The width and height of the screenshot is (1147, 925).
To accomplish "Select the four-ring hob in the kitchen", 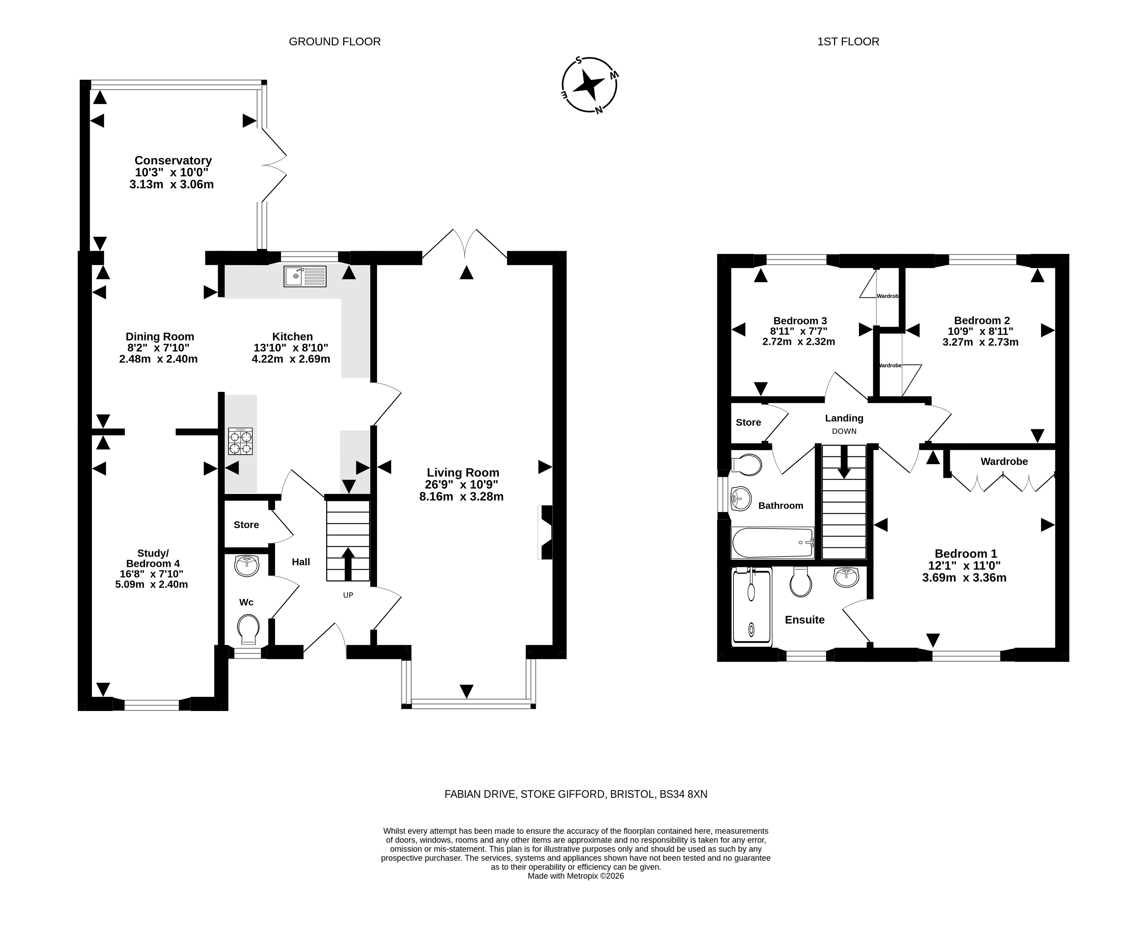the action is coord(240,441).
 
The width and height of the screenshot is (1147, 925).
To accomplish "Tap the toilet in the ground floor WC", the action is coord(248,629).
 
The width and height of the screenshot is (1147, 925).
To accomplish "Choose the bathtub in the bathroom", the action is coord(772,542).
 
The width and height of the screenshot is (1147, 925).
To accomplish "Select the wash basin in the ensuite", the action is coord(846,577).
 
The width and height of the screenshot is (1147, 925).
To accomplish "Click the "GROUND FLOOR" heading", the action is coord(334,42).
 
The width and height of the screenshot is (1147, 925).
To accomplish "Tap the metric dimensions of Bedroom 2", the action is coord(980,342).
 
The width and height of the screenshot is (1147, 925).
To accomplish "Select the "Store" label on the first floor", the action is coord(748,422).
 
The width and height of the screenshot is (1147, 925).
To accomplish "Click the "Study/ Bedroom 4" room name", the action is coord(153,558).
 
